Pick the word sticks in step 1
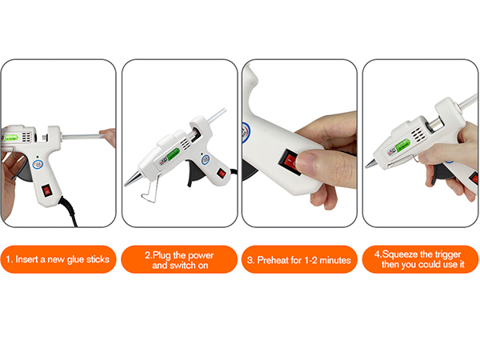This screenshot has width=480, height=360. coord(98,259)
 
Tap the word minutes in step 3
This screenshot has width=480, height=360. coord(336,259)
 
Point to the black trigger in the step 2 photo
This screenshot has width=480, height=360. coord(191,174)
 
